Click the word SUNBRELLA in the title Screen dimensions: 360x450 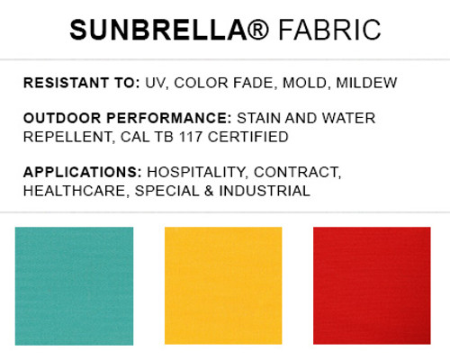[x=148, y=31]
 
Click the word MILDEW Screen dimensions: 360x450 [x=369, y=83]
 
